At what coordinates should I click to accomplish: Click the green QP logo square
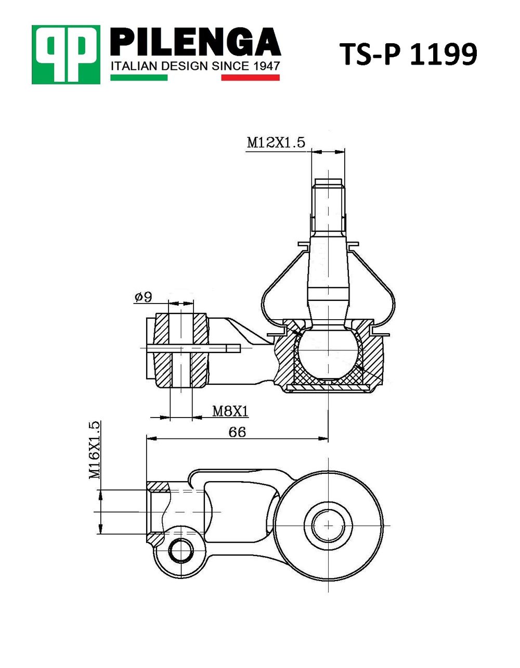(66, 55)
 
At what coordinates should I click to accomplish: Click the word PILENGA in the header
(195, 42)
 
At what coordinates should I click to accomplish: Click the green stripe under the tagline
(139, 78)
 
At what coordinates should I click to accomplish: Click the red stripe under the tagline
(250, 78)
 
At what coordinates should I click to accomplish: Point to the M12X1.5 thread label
(276, 143)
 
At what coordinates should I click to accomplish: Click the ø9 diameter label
(143, 297)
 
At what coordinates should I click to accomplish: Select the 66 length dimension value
(237, 433)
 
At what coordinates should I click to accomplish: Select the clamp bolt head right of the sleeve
(233, 348)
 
